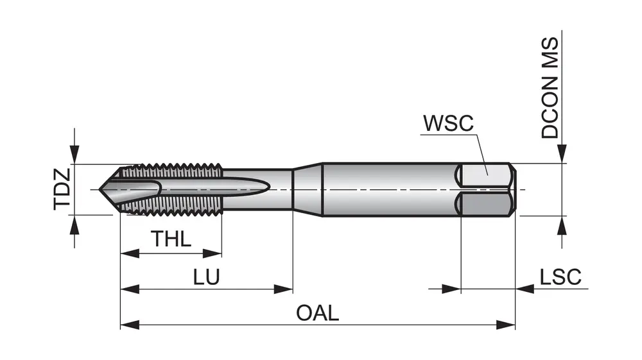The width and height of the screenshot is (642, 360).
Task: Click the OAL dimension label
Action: coord(317,313)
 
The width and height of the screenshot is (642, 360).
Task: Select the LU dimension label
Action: coord(207,277)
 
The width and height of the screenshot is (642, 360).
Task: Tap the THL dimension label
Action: coord(171,240)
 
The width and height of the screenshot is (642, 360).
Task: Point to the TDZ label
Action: coord(62,190)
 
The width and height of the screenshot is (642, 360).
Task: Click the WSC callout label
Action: coord(447,123)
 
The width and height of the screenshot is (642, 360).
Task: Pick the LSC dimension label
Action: coord(560,277)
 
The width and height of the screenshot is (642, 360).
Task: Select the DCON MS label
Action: coord(550,88)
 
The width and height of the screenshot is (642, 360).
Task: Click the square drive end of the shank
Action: coord(488,190)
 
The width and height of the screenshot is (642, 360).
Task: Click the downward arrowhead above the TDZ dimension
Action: coord(75,155)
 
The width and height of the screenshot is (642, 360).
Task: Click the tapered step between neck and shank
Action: coord(307,189)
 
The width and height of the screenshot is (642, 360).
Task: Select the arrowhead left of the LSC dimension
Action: coord(453,289)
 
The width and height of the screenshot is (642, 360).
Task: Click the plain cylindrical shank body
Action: coord(385,190)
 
